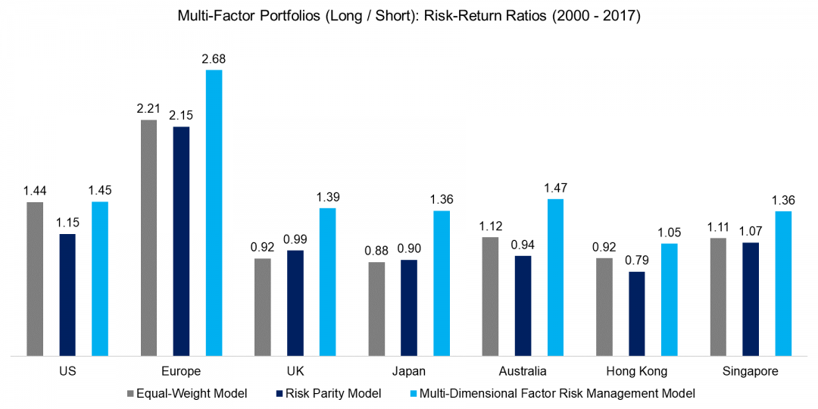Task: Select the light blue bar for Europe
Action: (214, 213)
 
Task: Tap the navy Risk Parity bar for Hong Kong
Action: (637, 314)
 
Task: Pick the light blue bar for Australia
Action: (556, 277)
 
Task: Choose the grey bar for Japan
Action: (376, 309)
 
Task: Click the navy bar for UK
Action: (295, 303)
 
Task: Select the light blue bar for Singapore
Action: (783, 283)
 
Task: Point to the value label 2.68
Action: (214, 58)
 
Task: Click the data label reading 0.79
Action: (637, 261)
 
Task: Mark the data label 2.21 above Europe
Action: (149, 108)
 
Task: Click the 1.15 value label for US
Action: (67, 223)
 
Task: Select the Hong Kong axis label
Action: (637, 371)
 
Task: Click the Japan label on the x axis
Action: (409, 371)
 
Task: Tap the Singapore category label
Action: (750, 371)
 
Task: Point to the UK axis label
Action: (295, 371)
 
